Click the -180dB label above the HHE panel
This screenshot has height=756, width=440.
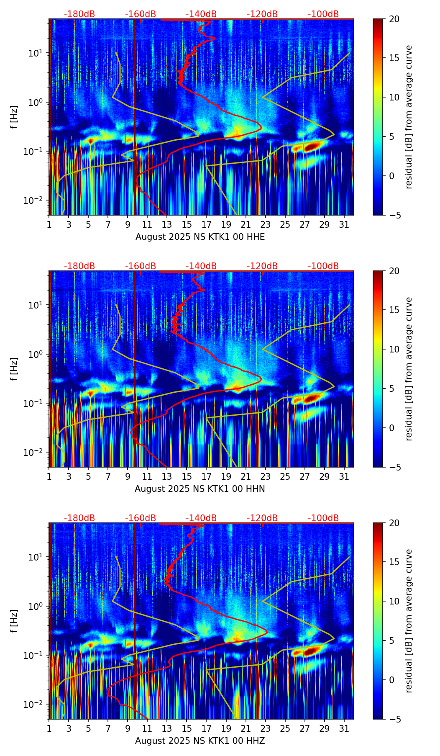click(79, 14)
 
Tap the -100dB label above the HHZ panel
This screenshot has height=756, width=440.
click(323, 518)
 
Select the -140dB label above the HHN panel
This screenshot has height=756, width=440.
click(201, 266)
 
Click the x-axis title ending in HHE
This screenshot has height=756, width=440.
click(200, 237)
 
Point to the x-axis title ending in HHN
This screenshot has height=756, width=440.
click(200, 489)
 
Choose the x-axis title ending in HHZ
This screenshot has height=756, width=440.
click(200, 741)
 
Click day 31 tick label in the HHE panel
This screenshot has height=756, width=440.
click(344, 225)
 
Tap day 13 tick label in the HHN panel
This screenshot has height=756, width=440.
click(167, 477)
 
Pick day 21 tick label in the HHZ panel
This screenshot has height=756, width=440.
click(246, 729)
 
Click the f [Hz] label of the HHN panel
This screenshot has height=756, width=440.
click(14, 369)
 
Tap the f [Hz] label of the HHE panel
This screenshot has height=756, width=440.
click(14, 117)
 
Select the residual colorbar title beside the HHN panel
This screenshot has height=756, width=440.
click(409, 369)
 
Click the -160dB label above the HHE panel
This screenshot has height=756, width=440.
click(141, 14)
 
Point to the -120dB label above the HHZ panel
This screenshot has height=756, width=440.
click(262, 518)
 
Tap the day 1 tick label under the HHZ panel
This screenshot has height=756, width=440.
click(49, 729)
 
